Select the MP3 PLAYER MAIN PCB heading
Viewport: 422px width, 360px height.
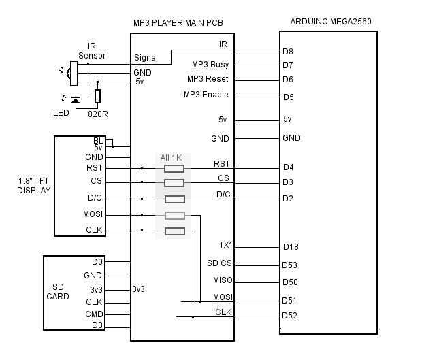178,23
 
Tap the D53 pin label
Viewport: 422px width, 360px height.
290,265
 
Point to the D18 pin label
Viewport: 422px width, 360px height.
290,247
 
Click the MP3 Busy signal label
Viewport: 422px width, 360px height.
210,65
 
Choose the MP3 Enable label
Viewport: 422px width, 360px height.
206,95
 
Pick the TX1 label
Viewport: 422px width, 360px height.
225,245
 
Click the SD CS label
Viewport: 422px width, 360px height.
219,263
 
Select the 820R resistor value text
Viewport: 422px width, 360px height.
98,113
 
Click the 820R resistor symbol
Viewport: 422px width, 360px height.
98,97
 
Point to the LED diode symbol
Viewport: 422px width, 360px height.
75,101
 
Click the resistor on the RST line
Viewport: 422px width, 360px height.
174,168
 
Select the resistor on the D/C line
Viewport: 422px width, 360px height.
174,199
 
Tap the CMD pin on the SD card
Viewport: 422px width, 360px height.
94,314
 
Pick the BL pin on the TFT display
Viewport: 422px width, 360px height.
98,140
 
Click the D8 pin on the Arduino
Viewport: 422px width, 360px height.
288,50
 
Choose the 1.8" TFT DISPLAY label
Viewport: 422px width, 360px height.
33,186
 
